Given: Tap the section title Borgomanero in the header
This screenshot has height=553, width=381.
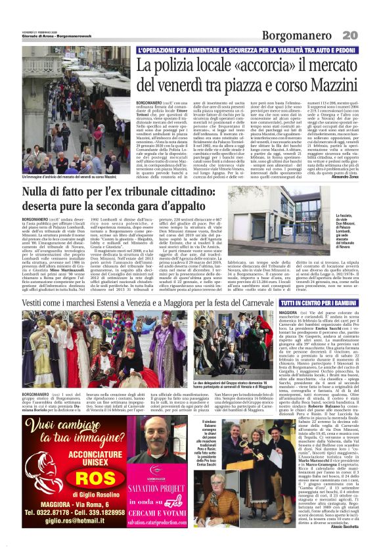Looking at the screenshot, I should tap(294, 34).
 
